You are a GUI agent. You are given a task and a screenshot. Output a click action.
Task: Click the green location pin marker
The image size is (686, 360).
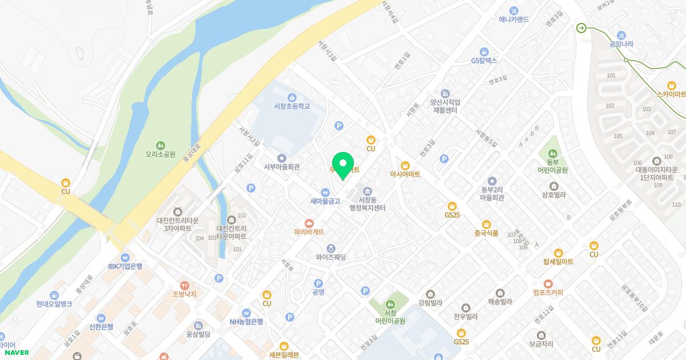pos(342,166)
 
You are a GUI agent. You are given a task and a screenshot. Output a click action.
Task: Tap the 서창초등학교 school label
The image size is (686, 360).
pos(292,106)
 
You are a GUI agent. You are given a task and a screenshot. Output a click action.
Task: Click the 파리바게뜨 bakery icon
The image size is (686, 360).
pos(309,222)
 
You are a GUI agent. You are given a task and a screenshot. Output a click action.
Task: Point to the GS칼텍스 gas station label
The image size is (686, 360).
pos(484,60)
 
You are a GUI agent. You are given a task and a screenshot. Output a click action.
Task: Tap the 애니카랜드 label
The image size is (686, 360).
pos(513,19)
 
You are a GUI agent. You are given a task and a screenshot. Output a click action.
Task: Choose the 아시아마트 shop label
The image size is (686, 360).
pos(405,174)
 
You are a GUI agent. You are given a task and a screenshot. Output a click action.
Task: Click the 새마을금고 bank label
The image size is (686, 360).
pos(325,201)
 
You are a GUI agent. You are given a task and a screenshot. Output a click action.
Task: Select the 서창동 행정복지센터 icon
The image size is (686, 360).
pos(368,190)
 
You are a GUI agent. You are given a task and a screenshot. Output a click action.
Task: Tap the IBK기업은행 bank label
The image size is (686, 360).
pos(125,266)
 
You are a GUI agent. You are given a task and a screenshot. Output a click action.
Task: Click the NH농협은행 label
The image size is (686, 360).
pos(246,321)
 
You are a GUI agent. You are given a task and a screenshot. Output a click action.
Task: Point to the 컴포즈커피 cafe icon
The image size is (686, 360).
pos(548,283)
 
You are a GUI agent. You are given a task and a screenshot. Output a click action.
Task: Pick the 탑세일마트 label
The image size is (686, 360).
pos(559,262)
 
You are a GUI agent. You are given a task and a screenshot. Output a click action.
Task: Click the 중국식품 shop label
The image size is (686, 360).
pos(486,233)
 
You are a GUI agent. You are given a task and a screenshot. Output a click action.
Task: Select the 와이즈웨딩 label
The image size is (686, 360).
pos(331,257)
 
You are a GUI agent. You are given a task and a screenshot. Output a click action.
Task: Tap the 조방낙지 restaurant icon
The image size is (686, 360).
pos(185,285)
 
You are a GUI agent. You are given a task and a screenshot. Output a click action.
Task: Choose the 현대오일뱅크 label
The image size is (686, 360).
pos(54,304)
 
